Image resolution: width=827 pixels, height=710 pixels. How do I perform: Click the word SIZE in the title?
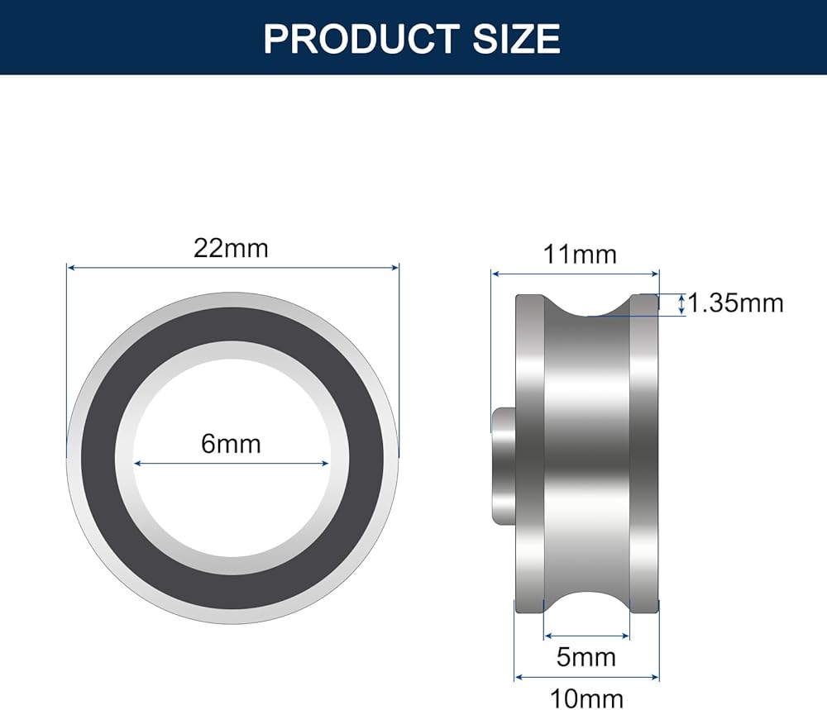pos(516,39)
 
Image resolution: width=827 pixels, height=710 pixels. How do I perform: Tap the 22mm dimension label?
pos(231,248)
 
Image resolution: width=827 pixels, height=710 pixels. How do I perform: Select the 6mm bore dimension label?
pos(231,444)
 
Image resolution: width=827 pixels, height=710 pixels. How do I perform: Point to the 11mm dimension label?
pos(580,255)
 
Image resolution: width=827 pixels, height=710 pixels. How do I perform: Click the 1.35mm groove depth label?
pos(736,303)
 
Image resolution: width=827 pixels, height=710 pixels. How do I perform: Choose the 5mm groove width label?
pos(586,657)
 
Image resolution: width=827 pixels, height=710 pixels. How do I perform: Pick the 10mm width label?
pos(586,699)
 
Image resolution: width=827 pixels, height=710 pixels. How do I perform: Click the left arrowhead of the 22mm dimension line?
pos(71,268)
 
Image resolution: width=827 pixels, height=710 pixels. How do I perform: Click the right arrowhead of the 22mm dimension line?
pos(394,268)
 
